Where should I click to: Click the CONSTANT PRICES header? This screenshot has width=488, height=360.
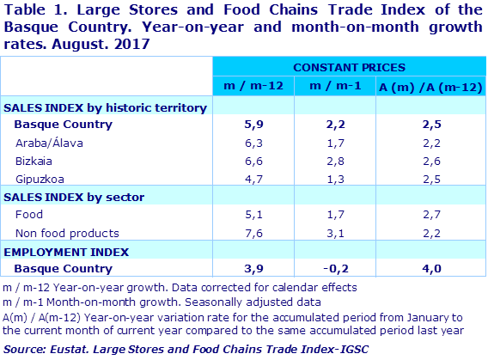tap(350, 66)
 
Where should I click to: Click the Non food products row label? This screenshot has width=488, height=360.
tap(62, 233)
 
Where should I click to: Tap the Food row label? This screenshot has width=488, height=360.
tap(28, 215)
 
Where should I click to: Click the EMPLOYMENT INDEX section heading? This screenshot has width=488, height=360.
tap(67, 252)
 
